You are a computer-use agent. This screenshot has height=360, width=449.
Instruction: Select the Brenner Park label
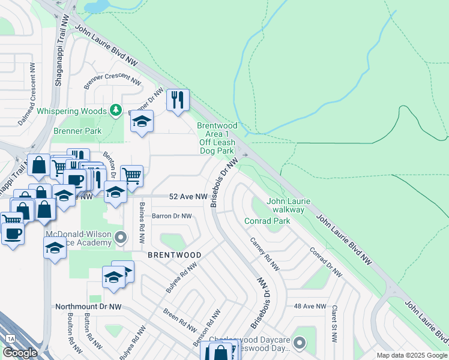pos(77,131)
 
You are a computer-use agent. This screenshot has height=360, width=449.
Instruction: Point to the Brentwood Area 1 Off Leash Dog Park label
pos(217,138)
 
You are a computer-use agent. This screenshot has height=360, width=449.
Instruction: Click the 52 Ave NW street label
pos(188,197)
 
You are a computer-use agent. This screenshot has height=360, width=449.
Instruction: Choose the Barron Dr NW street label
pos(172,216)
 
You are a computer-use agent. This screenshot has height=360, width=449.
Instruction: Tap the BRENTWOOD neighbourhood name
pos(175,255)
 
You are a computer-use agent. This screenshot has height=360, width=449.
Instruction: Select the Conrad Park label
pos(267,221)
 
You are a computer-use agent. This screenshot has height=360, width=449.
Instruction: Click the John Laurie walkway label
pos(287,205)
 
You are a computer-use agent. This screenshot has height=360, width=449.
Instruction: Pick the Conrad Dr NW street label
pos(326,262)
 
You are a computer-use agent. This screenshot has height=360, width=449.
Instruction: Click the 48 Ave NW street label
pos(310,306)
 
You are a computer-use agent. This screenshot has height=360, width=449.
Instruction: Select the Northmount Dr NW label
pos(89,306)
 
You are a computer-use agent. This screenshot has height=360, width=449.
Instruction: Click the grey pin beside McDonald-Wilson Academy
pos(121,238)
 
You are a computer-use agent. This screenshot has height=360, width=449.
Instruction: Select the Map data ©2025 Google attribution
pos(412,355)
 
